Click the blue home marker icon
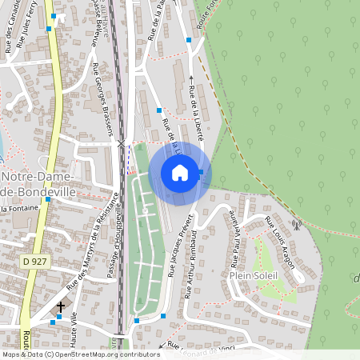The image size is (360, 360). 180,173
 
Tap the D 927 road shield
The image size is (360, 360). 34,262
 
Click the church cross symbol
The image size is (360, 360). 60,306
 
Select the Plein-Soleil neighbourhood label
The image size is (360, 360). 253,275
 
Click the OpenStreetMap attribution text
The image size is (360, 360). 80,354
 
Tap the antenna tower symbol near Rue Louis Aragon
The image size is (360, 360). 295,225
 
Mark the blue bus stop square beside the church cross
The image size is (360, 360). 58,317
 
